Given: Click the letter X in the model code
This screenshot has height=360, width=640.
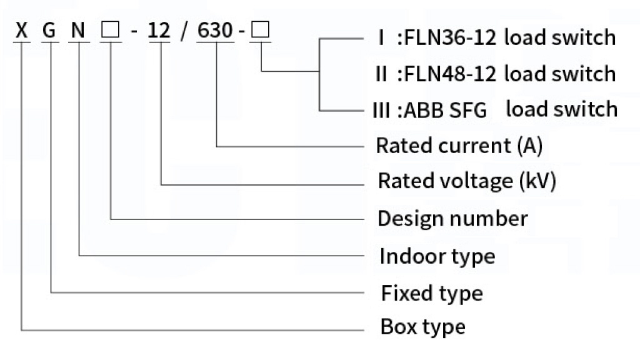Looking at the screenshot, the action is tap(21, 31).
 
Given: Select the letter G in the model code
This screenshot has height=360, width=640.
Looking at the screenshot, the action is tap(49, 31).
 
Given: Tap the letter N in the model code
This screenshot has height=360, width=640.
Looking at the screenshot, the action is tap(78, 31).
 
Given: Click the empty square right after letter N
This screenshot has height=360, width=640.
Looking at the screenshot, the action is tap(110, 30).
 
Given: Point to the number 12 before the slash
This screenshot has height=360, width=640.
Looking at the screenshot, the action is tap(159, 31).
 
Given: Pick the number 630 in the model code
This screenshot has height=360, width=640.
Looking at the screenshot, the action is tap(215, 31).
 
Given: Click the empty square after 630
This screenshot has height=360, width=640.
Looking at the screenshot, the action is tap(261, 29).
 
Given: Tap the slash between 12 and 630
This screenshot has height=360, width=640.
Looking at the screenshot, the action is tap(184, 31).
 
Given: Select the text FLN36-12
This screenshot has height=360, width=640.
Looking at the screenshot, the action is tap(450, 38).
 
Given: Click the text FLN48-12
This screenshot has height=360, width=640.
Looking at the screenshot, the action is tap(450, 74).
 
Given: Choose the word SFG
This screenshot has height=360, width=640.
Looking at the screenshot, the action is tap(468, 110).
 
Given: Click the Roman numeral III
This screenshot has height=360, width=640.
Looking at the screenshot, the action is tap(381, 110).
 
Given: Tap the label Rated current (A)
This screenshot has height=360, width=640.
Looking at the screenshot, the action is tap(459, 146).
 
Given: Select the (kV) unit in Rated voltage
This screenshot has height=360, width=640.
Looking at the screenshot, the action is tap(537, 181).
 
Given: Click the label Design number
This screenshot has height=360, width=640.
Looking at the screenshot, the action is tap(452, 218).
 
